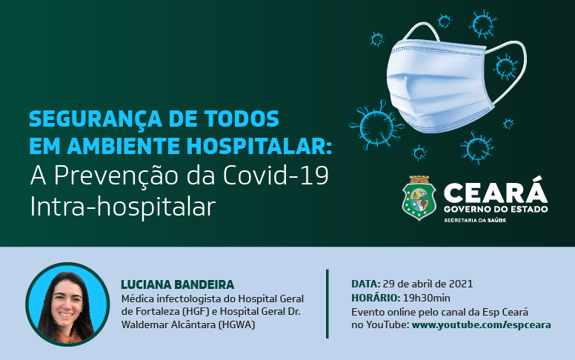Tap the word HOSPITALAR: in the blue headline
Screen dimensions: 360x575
(x=270, y=144)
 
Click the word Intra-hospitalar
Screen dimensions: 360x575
(x=122, y=206)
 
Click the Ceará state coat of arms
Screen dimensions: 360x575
(x=419, y=199)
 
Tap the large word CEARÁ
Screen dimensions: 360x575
(x=495, y=193)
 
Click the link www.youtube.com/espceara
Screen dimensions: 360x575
(x=481, y=324)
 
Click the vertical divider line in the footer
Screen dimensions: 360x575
(x=327, y=304)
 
